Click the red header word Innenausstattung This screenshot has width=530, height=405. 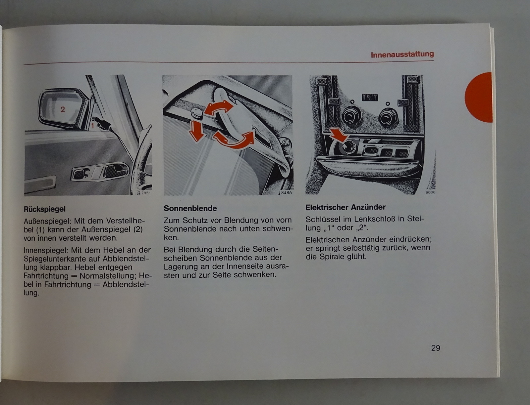click(x=402, y=55)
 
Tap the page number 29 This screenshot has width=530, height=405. click(x=436, y=348)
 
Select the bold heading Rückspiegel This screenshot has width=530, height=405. click(x=45, y=209)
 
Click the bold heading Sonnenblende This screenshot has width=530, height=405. click(x=190, y=208)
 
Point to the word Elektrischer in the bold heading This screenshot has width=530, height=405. click(x=327, y=207)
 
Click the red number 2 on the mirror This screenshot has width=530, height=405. click(x=63, y=109)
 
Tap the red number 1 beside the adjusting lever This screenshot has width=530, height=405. click(x=92, y=126)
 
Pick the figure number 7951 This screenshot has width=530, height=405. click(x=146, y=193)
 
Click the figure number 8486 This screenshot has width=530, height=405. click(x=286, y=192)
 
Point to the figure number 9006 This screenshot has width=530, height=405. click(x=430, y=192)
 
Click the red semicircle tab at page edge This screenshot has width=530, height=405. click(x=478, y=97)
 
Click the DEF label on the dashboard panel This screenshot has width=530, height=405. click(x=370, y=97)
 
